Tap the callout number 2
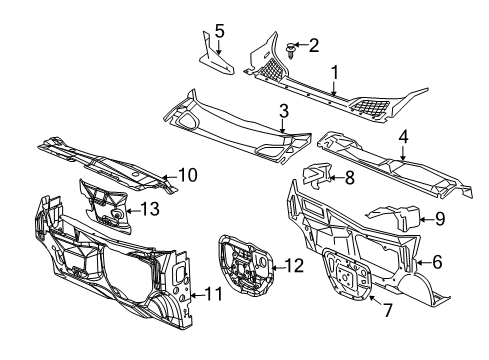[313, 44]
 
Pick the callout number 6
[436, 262]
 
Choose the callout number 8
[349, 178]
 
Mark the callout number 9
[437, 218]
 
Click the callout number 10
[186, 175]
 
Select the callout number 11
[212, 322]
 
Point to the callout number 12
[293, 265]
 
